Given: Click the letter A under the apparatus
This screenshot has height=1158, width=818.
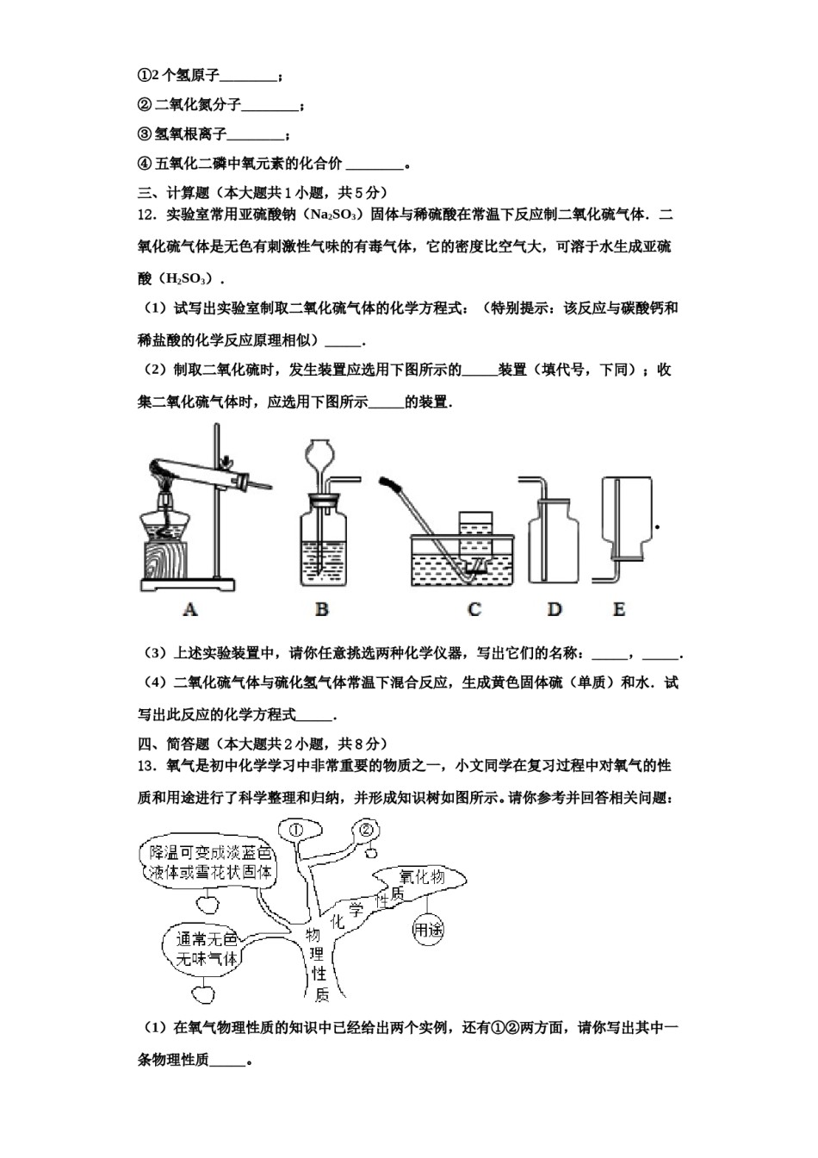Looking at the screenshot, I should tap(190, 609).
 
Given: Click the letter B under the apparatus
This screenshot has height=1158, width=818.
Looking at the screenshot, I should tap(321, 609).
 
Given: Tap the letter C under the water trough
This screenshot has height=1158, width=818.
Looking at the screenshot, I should tap(474, 609).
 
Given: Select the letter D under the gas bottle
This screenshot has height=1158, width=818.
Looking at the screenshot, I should tap(554, 609).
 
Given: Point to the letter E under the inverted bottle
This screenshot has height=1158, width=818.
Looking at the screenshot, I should tap(618, 609).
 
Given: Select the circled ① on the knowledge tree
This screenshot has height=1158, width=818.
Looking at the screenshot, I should tap(295, 830).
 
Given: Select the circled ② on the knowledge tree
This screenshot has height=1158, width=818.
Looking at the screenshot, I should tap(365, 831).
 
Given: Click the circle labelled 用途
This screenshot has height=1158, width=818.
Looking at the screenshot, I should tap(428, 930).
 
